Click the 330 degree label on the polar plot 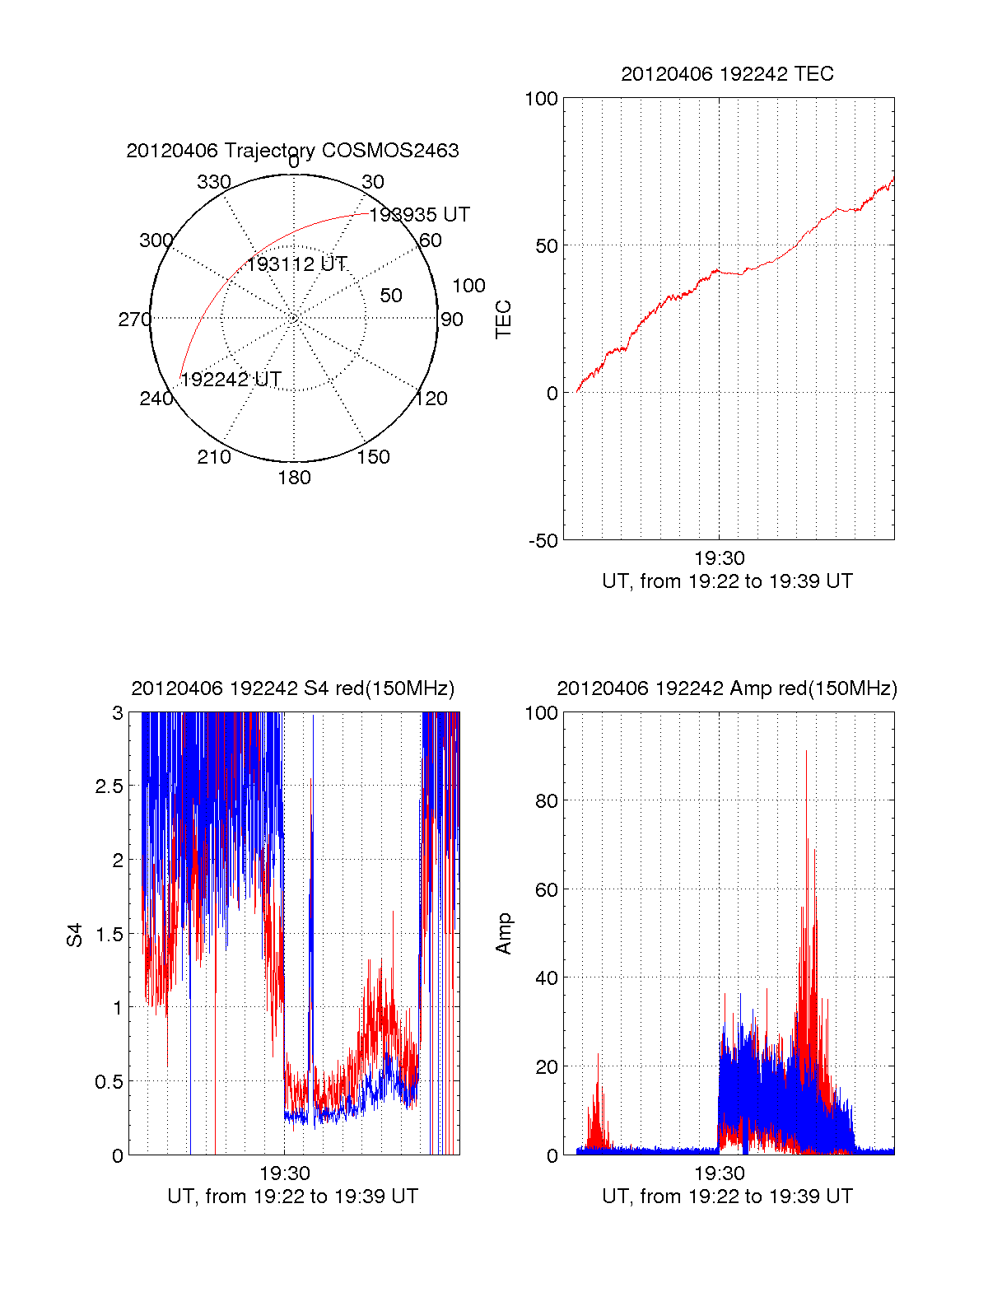213,182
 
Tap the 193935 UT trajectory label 419,215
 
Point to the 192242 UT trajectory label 231,380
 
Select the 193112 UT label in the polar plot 296,264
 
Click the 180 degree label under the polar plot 294,478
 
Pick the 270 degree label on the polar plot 134,320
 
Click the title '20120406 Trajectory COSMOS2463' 292,151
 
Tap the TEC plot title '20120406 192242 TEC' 727,74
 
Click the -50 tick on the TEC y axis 543,541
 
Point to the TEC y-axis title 503,320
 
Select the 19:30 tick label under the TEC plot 719,558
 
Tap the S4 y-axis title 75,935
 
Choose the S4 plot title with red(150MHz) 292,688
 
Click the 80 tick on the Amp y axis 546,800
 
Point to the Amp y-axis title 503,934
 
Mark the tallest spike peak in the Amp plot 806,751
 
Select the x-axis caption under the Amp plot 727,1197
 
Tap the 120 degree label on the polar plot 431,399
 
